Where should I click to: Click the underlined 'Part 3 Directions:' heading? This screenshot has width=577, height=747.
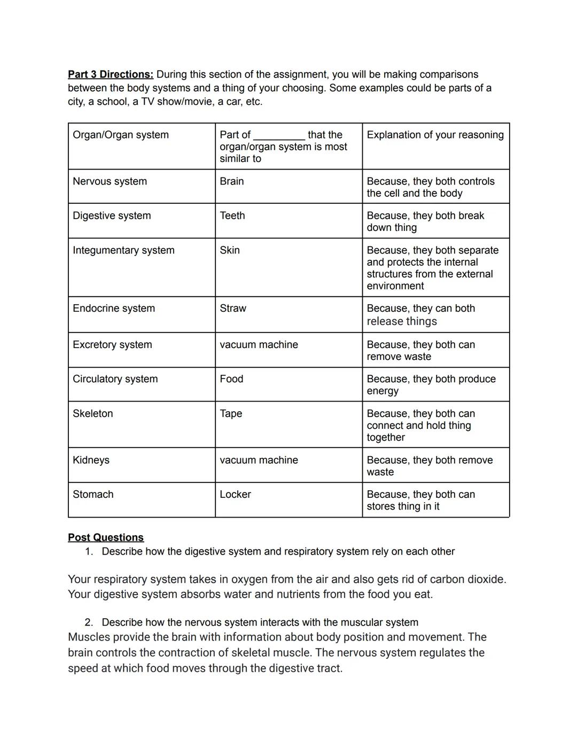pos(111,74)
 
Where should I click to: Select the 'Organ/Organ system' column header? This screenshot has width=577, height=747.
pos(121,135)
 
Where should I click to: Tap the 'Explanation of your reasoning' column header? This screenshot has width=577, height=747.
pos(435,135)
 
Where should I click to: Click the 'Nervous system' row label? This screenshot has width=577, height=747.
pos(110,181)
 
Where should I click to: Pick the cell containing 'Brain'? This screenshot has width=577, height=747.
pos(231,181)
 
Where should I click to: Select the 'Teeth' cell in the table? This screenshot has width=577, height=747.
pos(232,215)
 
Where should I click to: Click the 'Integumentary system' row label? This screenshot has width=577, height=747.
pos(123,250)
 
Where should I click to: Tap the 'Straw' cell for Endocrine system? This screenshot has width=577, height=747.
pos(233,308)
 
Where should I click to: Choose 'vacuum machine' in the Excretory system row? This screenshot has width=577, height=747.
pos(259,344)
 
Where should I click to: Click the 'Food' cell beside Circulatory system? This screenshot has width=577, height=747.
pos(231,379)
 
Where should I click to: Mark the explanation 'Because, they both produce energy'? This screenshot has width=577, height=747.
pos(431,384)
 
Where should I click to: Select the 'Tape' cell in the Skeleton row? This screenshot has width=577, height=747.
pos(231,413)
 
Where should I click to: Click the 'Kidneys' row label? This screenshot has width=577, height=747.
pos(91,460)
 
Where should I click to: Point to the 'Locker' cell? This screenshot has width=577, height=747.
pos(235,494)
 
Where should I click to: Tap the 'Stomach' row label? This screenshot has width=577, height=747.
pos(93,494)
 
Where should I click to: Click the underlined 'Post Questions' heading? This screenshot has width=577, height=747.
pos(106,537)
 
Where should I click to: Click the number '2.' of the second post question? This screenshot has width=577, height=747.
pos(89,622)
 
